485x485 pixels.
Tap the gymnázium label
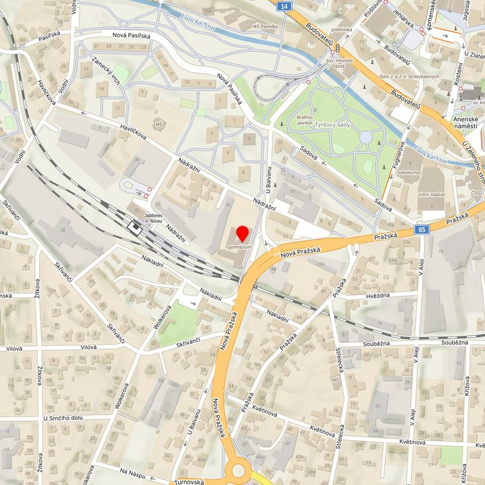239,248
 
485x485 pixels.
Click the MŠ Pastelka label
265,26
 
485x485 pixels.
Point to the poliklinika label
342,30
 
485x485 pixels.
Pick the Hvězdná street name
378,295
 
